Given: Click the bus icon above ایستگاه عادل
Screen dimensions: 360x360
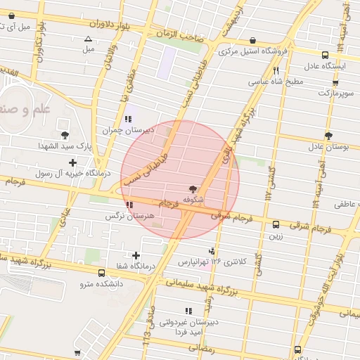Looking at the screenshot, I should (324, 55).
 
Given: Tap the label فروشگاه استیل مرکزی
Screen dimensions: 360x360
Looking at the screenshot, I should (253, 51).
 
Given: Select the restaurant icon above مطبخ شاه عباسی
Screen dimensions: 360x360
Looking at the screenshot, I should (276, 70).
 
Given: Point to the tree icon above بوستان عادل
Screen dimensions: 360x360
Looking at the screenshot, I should (328, 135).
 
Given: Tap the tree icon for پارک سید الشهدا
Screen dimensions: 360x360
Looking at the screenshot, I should (65, 134).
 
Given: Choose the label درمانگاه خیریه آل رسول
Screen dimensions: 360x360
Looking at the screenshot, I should (69, 172).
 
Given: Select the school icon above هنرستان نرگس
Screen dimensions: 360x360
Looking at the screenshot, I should (129, 205).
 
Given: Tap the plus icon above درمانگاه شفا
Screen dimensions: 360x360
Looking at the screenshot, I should (136, 255).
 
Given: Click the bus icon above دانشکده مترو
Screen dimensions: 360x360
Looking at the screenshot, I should (102, 273).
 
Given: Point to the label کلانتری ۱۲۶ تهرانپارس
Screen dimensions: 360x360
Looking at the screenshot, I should (212, 262).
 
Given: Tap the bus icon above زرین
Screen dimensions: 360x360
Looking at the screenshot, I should (275, 225).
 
